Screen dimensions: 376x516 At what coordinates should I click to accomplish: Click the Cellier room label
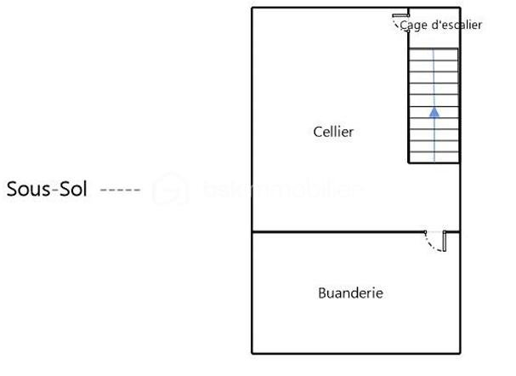pos(333,132)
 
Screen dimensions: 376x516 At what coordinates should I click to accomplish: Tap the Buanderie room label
pos(350,293)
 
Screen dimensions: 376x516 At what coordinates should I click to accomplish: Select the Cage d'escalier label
pos(440,26)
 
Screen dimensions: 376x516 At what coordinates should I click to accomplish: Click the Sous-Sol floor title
pos(48,189)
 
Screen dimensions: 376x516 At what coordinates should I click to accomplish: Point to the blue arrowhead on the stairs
pos(434,111)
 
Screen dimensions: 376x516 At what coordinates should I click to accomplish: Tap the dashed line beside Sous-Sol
pos(120,190)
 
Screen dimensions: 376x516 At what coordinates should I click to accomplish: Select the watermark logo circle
pos(170,190)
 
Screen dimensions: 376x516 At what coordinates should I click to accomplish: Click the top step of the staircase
pos(434,54)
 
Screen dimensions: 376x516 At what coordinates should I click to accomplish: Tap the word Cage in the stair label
pos(414,26)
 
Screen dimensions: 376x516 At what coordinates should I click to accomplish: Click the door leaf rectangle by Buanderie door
pos(445,242)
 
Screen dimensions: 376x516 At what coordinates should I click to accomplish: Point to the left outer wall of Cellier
pos(252,119)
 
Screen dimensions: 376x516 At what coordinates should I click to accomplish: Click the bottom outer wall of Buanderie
pos(355,353)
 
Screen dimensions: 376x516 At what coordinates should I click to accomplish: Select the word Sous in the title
pos(26,189)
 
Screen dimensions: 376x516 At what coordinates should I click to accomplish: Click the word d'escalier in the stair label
pos(456,26)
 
